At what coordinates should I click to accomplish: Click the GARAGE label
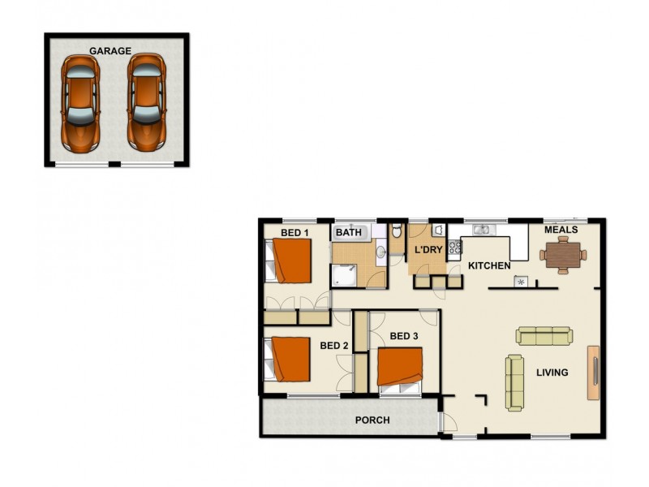(x=110, y=50)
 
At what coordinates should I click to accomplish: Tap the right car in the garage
(x=145, y=101)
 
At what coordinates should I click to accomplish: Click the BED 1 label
(x=294, y=233)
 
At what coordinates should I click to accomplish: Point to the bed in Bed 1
(x=289, y=261)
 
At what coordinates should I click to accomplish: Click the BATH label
(x=349, y=233)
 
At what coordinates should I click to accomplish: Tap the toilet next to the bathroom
(x=397, y=232)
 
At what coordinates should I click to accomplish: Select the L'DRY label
(x=428, y=250)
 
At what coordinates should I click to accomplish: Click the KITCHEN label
(x=489, y=265)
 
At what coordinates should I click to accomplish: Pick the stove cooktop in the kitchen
(x=455, y=247)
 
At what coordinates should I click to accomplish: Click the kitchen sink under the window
(x=482, y=229)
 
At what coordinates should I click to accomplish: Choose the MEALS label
(x=561, y=230)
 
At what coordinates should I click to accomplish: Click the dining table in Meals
(x=562, y=256)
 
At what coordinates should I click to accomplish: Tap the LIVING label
(x=552, y=373)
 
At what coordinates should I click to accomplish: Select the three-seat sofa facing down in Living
(x=544, y=335)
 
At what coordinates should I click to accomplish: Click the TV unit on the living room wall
(x=594, y=372)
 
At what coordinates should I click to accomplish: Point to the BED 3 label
(x=404, y=336)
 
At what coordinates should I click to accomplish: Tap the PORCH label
(x=372, y=420)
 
